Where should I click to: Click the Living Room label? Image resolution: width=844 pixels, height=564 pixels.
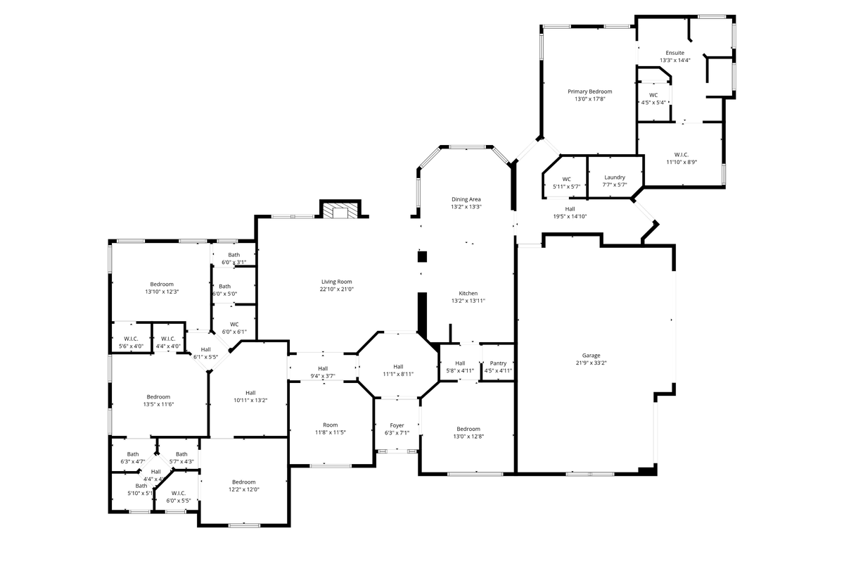point(336,282)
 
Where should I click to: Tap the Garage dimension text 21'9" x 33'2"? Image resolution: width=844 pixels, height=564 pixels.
point(592,363)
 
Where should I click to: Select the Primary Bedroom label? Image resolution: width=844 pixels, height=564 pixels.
point(589,92)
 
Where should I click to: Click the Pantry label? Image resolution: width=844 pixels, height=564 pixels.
point(498,363)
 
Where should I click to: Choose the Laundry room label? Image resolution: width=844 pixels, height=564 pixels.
point(615,177)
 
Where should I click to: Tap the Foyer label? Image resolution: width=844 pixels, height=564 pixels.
point(397,425)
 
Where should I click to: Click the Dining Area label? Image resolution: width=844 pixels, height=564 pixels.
point(466,199)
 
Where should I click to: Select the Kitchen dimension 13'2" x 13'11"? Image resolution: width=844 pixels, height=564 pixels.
point(468,301)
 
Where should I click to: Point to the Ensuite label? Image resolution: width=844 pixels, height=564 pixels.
point(674,53)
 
